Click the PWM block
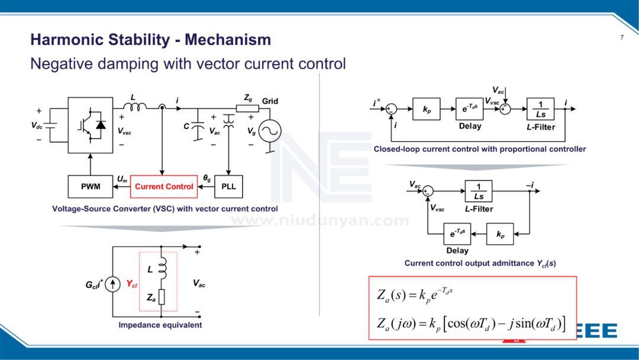click(91, 187)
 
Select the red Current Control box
click(164, 187)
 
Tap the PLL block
click(228, 187)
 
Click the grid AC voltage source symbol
click(270, 131)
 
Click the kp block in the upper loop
click(427, 109)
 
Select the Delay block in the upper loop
click(470, 109)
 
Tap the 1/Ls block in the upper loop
click(540, 109)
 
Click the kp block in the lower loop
click(500, 234)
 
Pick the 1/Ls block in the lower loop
click(478, 191)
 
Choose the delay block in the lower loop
click(457, 234)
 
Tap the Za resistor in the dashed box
click(161, 297)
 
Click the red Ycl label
click(131, 284)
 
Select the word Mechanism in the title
click(228, 40)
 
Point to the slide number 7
click(621, 38)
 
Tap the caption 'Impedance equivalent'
click(160, 325)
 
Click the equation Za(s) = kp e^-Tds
click(415, 294)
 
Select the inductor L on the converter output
click(138, 107)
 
